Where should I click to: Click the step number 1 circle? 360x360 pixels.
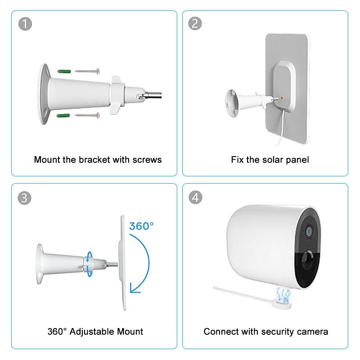[25, 24]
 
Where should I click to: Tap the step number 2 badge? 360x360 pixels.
[195, 23]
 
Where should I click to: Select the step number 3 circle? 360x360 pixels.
[25, 198]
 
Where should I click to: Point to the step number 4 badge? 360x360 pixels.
[195, 197]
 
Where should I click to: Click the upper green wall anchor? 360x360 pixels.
[64, 71]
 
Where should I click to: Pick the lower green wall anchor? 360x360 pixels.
[63, 116]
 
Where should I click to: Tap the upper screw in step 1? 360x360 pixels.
[87, 71]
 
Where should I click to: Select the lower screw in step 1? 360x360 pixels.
[87, 115]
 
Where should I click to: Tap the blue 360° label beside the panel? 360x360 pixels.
[141, 226]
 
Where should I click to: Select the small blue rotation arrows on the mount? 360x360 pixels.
[89, 264]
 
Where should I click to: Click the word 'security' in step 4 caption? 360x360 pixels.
[278, 332]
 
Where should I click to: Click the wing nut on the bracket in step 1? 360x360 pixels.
[117, 95]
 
